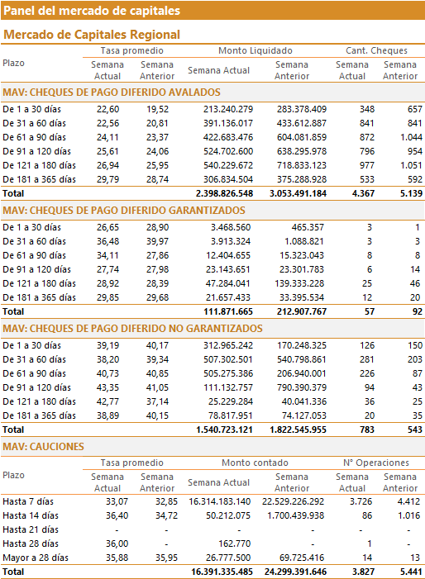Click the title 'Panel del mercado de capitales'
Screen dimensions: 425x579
(92, 11)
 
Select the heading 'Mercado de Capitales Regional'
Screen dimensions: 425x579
(92, 35)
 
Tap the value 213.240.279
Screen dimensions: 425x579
(228, 109)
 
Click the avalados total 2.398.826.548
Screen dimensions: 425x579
(224, 193)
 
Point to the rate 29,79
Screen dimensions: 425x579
(108, 179)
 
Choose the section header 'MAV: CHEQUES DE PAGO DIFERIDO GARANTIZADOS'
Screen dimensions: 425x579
(124, 211)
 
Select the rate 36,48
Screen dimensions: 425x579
(108, 241)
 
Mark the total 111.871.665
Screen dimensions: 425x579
(228, 311)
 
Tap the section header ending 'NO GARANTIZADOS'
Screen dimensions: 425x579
(132, 329)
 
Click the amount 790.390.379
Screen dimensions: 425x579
(302, 387)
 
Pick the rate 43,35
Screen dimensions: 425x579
(108, 387)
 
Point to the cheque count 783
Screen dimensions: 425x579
(366, 430)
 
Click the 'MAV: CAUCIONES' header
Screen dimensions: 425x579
(43, 447)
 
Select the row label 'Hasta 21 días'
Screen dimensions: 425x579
(31, 530)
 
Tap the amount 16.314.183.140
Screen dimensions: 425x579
(219, 502)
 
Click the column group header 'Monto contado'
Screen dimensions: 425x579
(255, 463)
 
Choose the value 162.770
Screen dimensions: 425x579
(235, 544)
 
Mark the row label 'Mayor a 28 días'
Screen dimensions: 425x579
(36, 558)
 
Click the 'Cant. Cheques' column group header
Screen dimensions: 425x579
(376, 50)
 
